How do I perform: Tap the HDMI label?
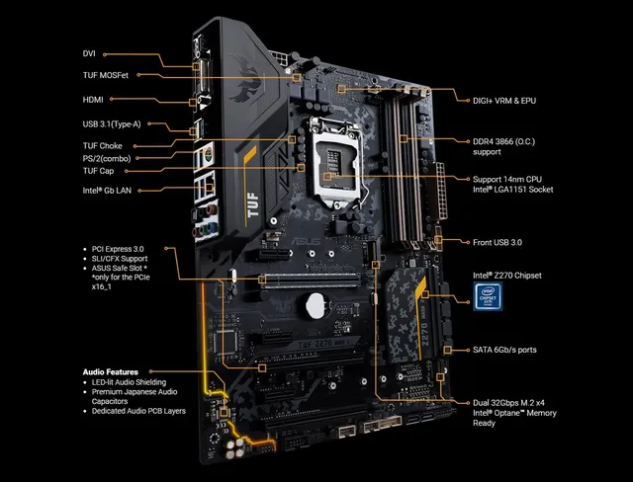[x=93, y=99]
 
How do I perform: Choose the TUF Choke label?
[x=103, y=146]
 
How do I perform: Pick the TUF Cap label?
[x=99, y=170]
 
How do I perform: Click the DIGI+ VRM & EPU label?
[x=505, y=100]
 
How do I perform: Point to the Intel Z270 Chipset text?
[x=508, y=276]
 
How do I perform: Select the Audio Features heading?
[x=110, y=372]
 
